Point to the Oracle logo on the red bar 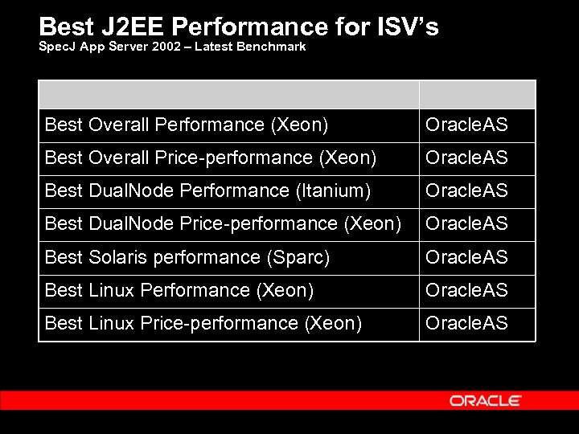click(486, 400)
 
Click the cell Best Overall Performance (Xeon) click(187, 125)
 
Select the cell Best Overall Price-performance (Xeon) click(211, 158)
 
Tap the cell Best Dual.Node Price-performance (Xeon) click(223, 223)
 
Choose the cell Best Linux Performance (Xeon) click(179, 290)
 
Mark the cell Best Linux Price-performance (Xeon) click(203, 323)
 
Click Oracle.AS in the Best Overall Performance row click(466, 125)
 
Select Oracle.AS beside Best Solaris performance click(466, 257)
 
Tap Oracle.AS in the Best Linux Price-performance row click(466, 323)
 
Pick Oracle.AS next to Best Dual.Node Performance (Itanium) click(466, 190)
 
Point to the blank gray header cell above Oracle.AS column click(477, 94)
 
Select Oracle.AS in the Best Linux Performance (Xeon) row click(466, 290)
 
